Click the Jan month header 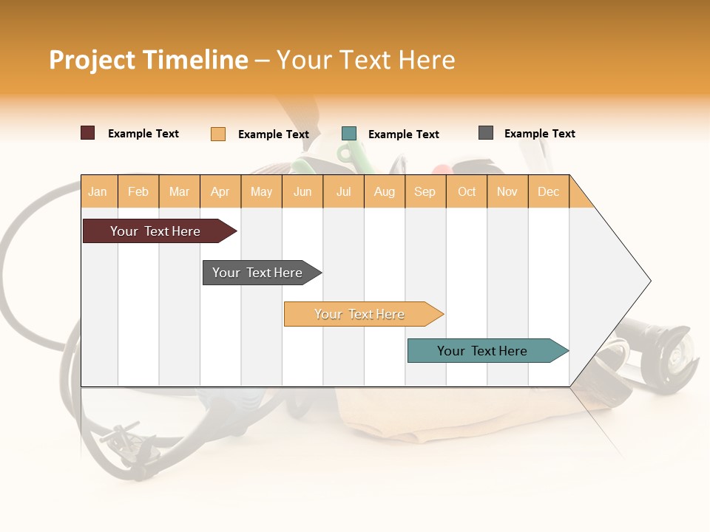pos(98,192)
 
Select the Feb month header pos(138,192)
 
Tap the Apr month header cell pos(220,192)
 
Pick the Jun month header pos(302,192)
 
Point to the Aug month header pos(385,192)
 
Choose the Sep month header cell pos(425,192)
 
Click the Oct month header pos(467,192)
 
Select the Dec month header pos(549,192)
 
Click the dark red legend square pos(88,133)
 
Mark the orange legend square pos(218,134)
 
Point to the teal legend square pos(349,134)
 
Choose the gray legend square pos(486,133)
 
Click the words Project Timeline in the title pos(149,60)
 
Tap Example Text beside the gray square pos(539,134)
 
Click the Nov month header pos(507,192)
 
